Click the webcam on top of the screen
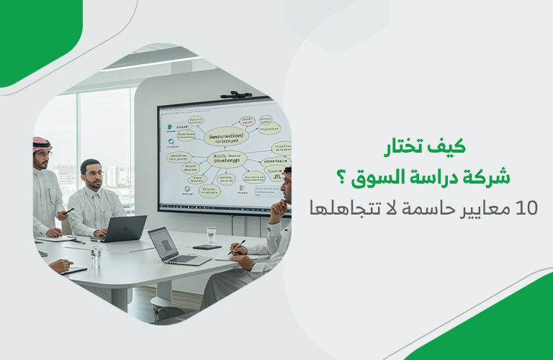tap(235, 94)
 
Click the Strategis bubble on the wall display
tap(226, 158)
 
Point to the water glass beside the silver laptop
tap(211, 235)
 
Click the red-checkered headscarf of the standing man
tap(42, 143)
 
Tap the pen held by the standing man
tap(68, 211)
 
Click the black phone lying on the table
tap(207, 247)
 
